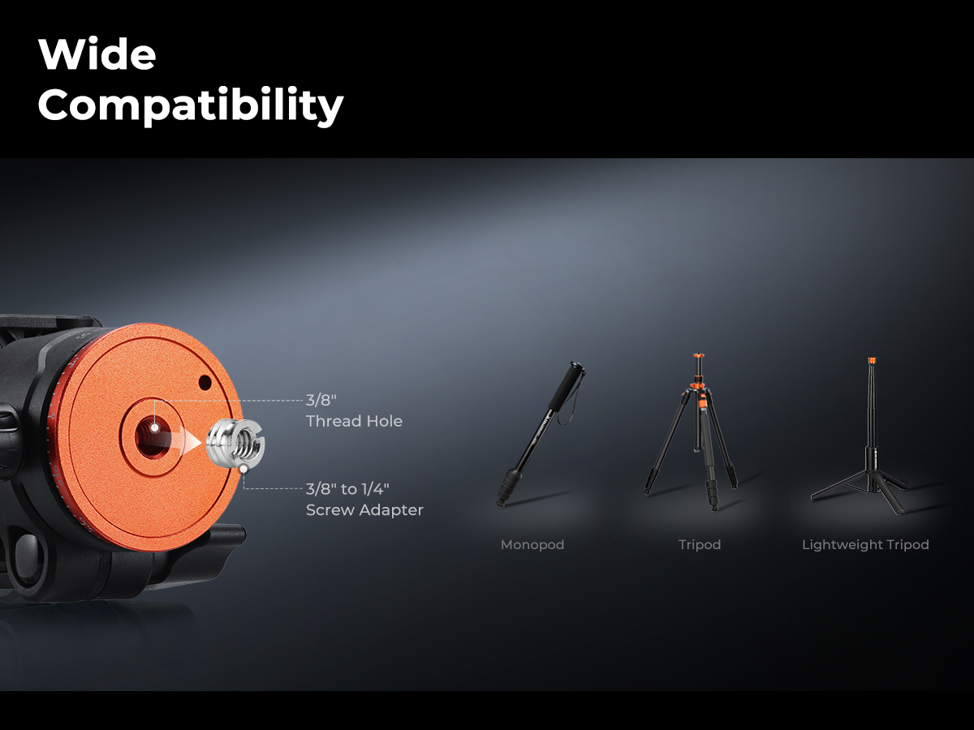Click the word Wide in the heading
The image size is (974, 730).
pyautogui.click(x=97, y=54)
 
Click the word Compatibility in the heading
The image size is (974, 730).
pyautogui.click(x=191, y=105)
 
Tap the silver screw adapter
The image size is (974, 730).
pyautogui.click(x=235, y=444)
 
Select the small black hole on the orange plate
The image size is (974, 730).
pyautogui.click(x=205, y=383)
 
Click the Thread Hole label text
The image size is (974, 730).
pyautogui.click(x=354, y=421)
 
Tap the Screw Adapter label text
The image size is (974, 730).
pyautogui.click(x=364, y=510)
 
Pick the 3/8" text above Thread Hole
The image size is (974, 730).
pyautogui.click(x=321, y=400)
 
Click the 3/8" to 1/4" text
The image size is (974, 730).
pyautogui.click(x=347, y=489)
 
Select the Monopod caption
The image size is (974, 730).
pyautogui.click(x=532, y=545)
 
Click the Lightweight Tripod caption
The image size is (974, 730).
pyautogui.click(x=865, y=545)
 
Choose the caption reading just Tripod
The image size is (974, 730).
pyautogui.click(x=700, y=545)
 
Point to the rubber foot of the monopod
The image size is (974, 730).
pyautogui.click(x=501, y=500)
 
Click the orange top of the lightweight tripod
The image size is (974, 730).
pyautogui.click(x=872, y=360)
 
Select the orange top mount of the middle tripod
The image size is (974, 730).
pyautogui.click(x=699, y=355)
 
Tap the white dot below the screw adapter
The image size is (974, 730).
pyautogui.click(x=243, y=469)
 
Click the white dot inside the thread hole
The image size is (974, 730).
pyautogui.click(x=154, y=427)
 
